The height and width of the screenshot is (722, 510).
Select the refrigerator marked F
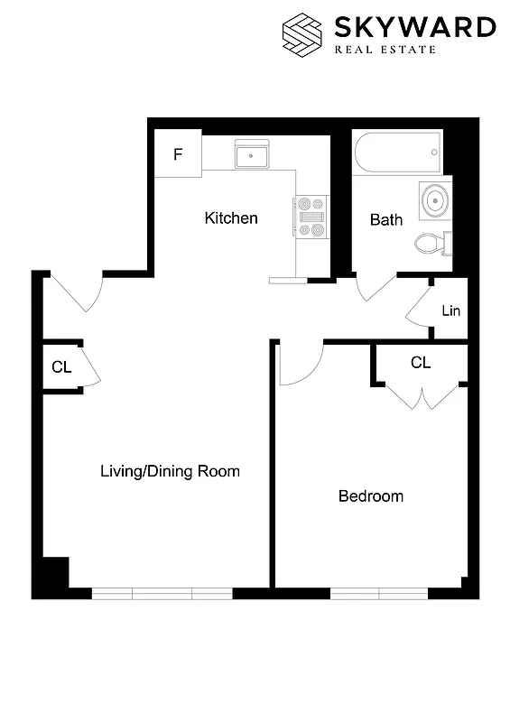coord(178,153)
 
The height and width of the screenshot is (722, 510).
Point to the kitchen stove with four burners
coord(311,218)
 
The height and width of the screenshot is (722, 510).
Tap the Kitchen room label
coord(231,218)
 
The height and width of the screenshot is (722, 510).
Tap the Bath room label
coord(386,219)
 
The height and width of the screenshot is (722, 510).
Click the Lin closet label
coord(451,311)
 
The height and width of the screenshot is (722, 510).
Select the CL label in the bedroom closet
coord(421,363)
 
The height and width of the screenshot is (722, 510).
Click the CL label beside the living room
coord(61,366)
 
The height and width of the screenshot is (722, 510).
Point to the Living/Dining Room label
coord(170,471)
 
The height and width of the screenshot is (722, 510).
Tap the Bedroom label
coord(370,496)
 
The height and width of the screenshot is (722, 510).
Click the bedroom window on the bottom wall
coord(378,593)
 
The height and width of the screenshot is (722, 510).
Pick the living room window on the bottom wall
coord(162,593)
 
